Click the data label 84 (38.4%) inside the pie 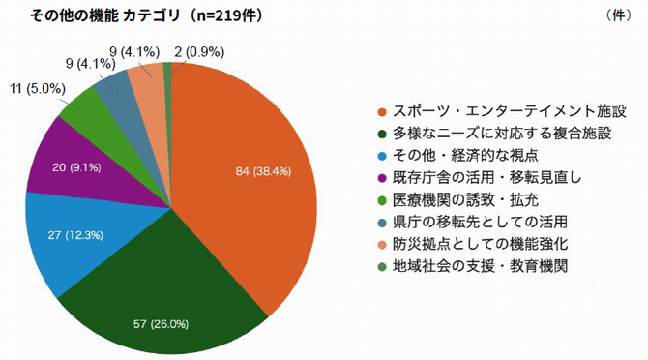[264, 171]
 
